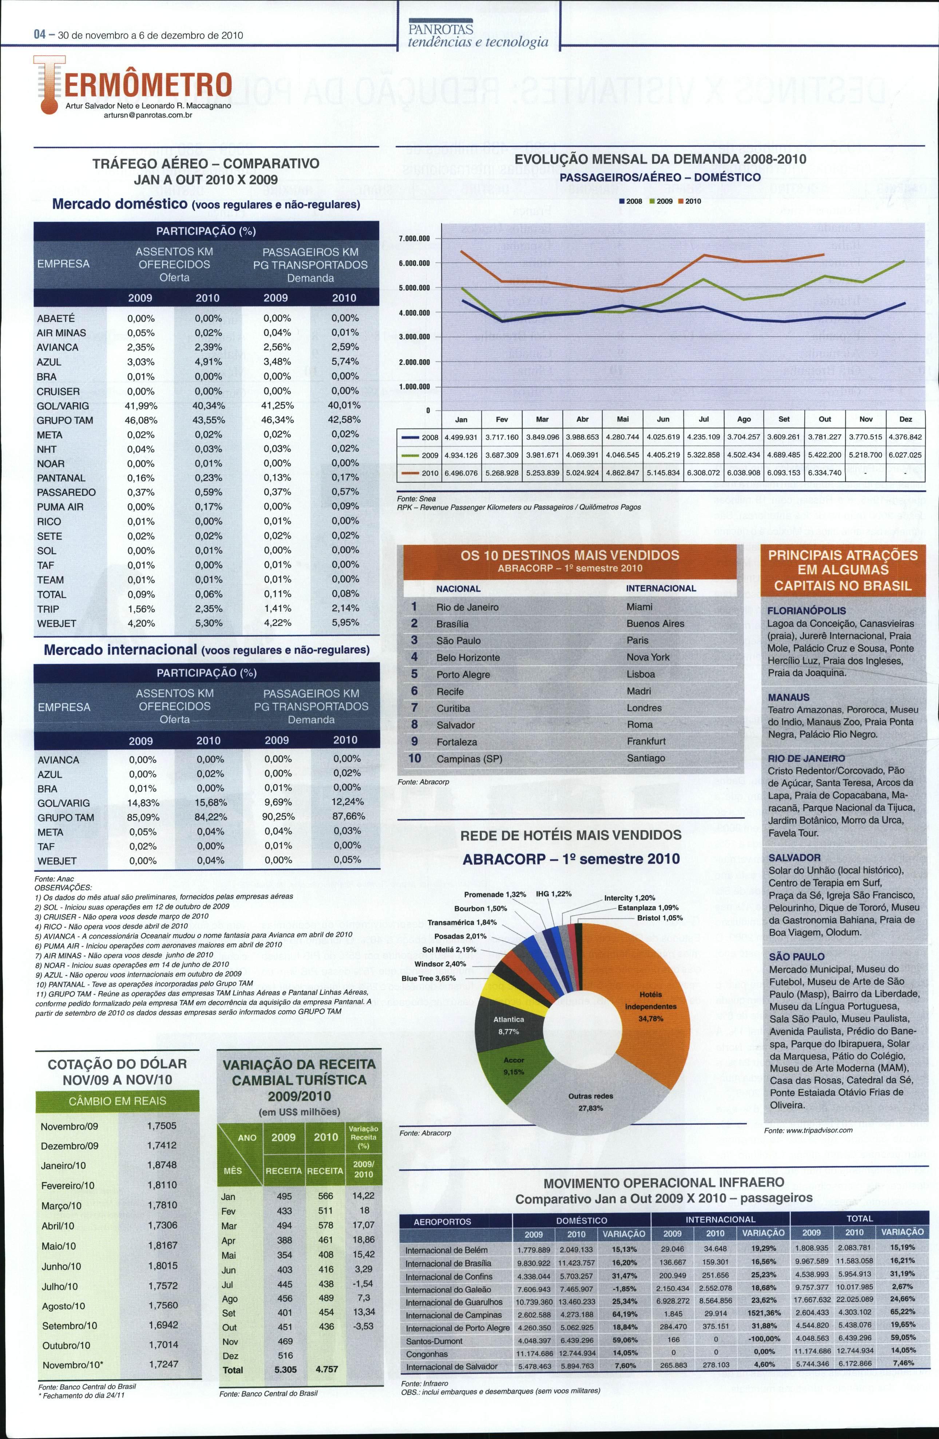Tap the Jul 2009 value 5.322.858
[704, 455]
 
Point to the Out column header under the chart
[825, 419]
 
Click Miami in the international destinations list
[639, 606]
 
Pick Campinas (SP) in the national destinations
[469, 759]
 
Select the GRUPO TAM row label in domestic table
[65, 420]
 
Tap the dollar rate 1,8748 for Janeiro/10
[162, 1165]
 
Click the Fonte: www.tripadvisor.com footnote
[808, 1130]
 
